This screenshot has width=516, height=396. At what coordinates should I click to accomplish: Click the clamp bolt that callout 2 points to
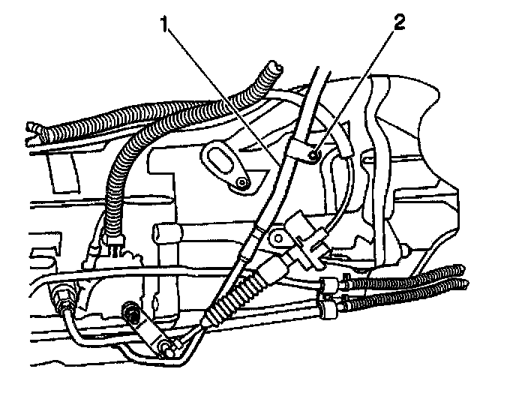point(317,154)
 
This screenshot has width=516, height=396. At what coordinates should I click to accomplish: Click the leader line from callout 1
point(217,90)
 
